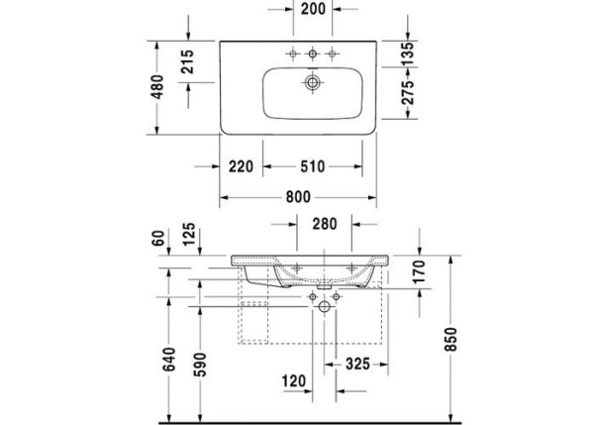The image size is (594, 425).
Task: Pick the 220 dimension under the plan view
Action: click(241, 165)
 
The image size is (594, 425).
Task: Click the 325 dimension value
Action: click(357, 364)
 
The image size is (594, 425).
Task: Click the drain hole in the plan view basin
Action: click(313, 82)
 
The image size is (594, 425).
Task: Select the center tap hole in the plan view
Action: click(313, 53)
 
